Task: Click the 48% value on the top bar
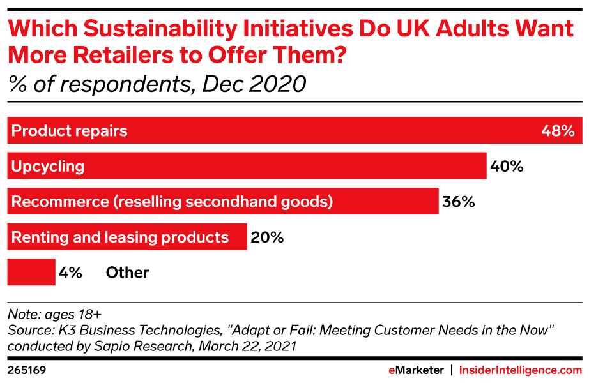[558, 131]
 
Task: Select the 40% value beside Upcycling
[507, 167]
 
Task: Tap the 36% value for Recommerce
[458, 202]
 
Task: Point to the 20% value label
[267, 237]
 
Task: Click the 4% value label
[70, 273]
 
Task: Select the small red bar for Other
[31, 272]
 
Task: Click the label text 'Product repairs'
[70, 131]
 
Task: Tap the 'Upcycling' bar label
[49, 167]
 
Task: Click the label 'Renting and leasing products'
[121, 237]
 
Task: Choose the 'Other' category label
[127, 273]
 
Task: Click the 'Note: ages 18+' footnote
[54, 314]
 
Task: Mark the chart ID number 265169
[26, 370]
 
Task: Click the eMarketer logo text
[417, 370]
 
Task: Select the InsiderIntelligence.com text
[521, 370]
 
